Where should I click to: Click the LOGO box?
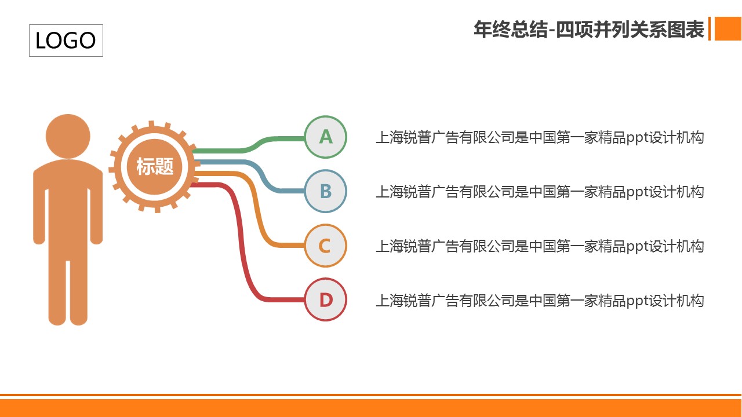click(x=66, y=41)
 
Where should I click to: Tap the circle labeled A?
click(x=326, y=137)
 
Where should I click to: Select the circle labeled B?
click(x=326, y=191)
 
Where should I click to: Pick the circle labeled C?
click(x=326, y=246)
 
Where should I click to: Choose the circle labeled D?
click(x=326, y=299)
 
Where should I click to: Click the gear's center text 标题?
click(x=155, y=166)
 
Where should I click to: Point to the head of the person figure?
click(x=68, y=136)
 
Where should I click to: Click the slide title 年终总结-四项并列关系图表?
click(x=589, y=29)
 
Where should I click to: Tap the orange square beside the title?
click(x=728, y=29)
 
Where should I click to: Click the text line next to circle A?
click(x=540, y=138)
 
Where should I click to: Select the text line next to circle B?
click(x=540, y=192)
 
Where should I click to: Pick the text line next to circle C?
click(x=540, y=246)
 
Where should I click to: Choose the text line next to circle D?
click(x=540, y=301)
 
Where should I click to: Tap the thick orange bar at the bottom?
click(x=370, y=408)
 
